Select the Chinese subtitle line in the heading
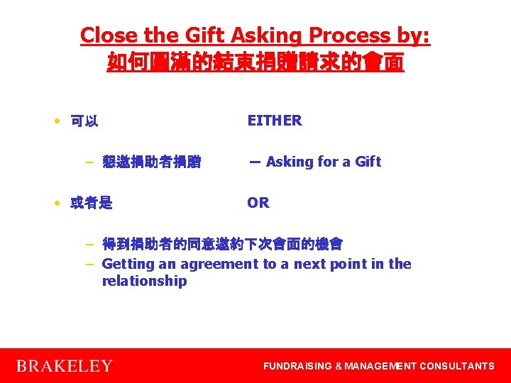point(255,62)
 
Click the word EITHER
point(275,121)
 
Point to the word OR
point(258,203)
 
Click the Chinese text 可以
point(84,121)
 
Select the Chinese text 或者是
point(92,204)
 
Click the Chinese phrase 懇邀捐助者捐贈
point(151,162)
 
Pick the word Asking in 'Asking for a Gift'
point(290,162)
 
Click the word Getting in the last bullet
point(128,264)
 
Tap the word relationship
point(144,281)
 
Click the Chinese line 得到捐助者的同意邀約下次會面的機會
point(222,245)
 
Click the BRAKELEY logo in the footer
point(65,366)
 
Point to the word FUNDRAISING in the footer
point(297,366)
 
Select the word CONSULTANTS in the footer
point(457,366)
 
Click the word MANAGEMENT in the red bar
point(380,366)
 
